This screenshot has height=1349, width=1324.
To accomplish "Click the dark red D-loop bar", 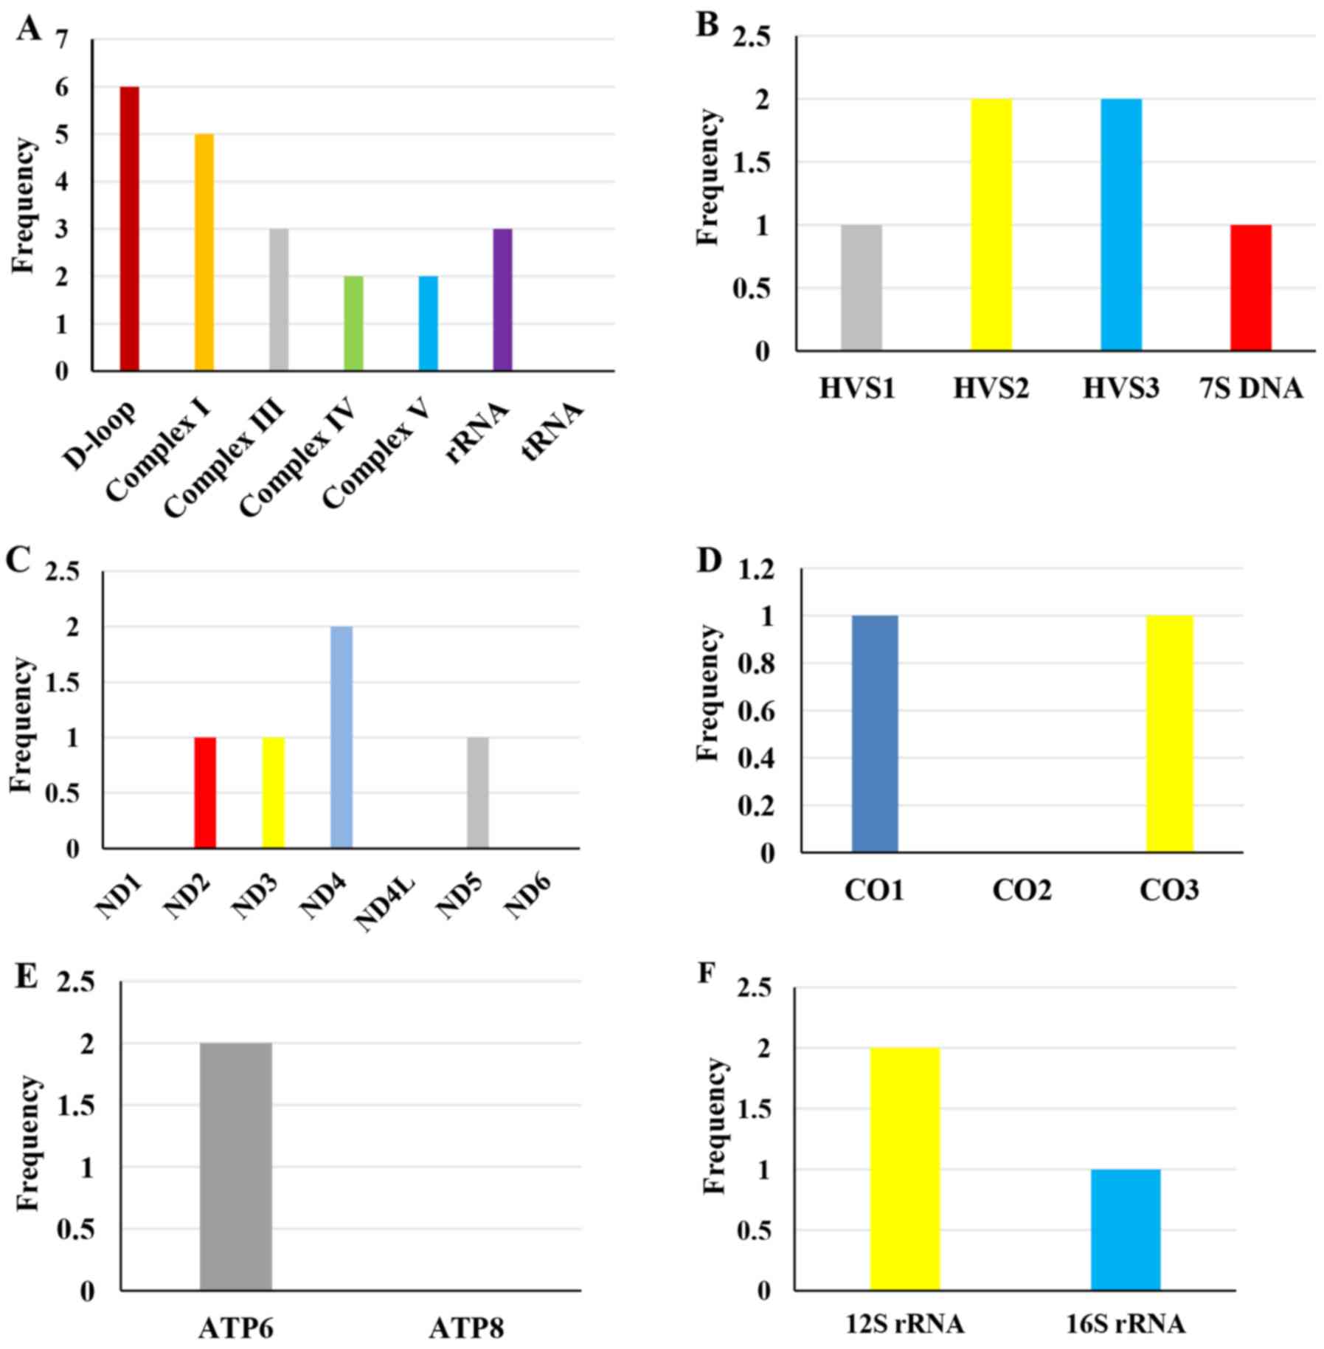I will [129, 228].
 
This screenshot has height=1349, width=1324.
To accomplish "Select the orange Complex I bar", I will [204, 252].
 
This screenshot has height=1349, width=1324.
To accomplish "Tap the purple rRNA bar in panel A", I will [502, 299].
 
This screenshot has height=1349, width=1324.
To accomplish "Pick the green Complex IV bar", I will [353, 322].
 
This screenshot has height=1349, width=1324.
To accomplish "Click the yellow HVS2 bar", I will [991, 224].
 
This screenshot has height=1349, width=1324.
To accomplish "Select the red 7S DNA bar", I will [1250, 287].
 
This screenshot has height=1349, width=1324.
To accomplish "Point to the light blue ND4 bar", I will [342, 737].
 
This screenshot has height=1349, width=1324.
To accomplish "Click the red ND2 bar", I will [205, 793].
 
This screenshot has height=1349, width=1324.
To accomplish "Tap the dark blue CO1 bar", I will [875, 734].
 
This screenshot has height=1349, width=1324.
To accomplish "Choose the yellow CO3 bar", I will [1169, 734].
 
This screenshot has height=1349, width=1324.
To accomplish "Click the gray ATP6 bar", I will [236, 1166].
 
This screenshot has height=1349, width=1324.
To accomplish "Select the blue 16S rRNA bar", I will [1126, 1229].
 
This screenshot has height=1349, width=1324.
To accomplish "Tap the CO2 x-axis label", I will [1022, 891].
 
